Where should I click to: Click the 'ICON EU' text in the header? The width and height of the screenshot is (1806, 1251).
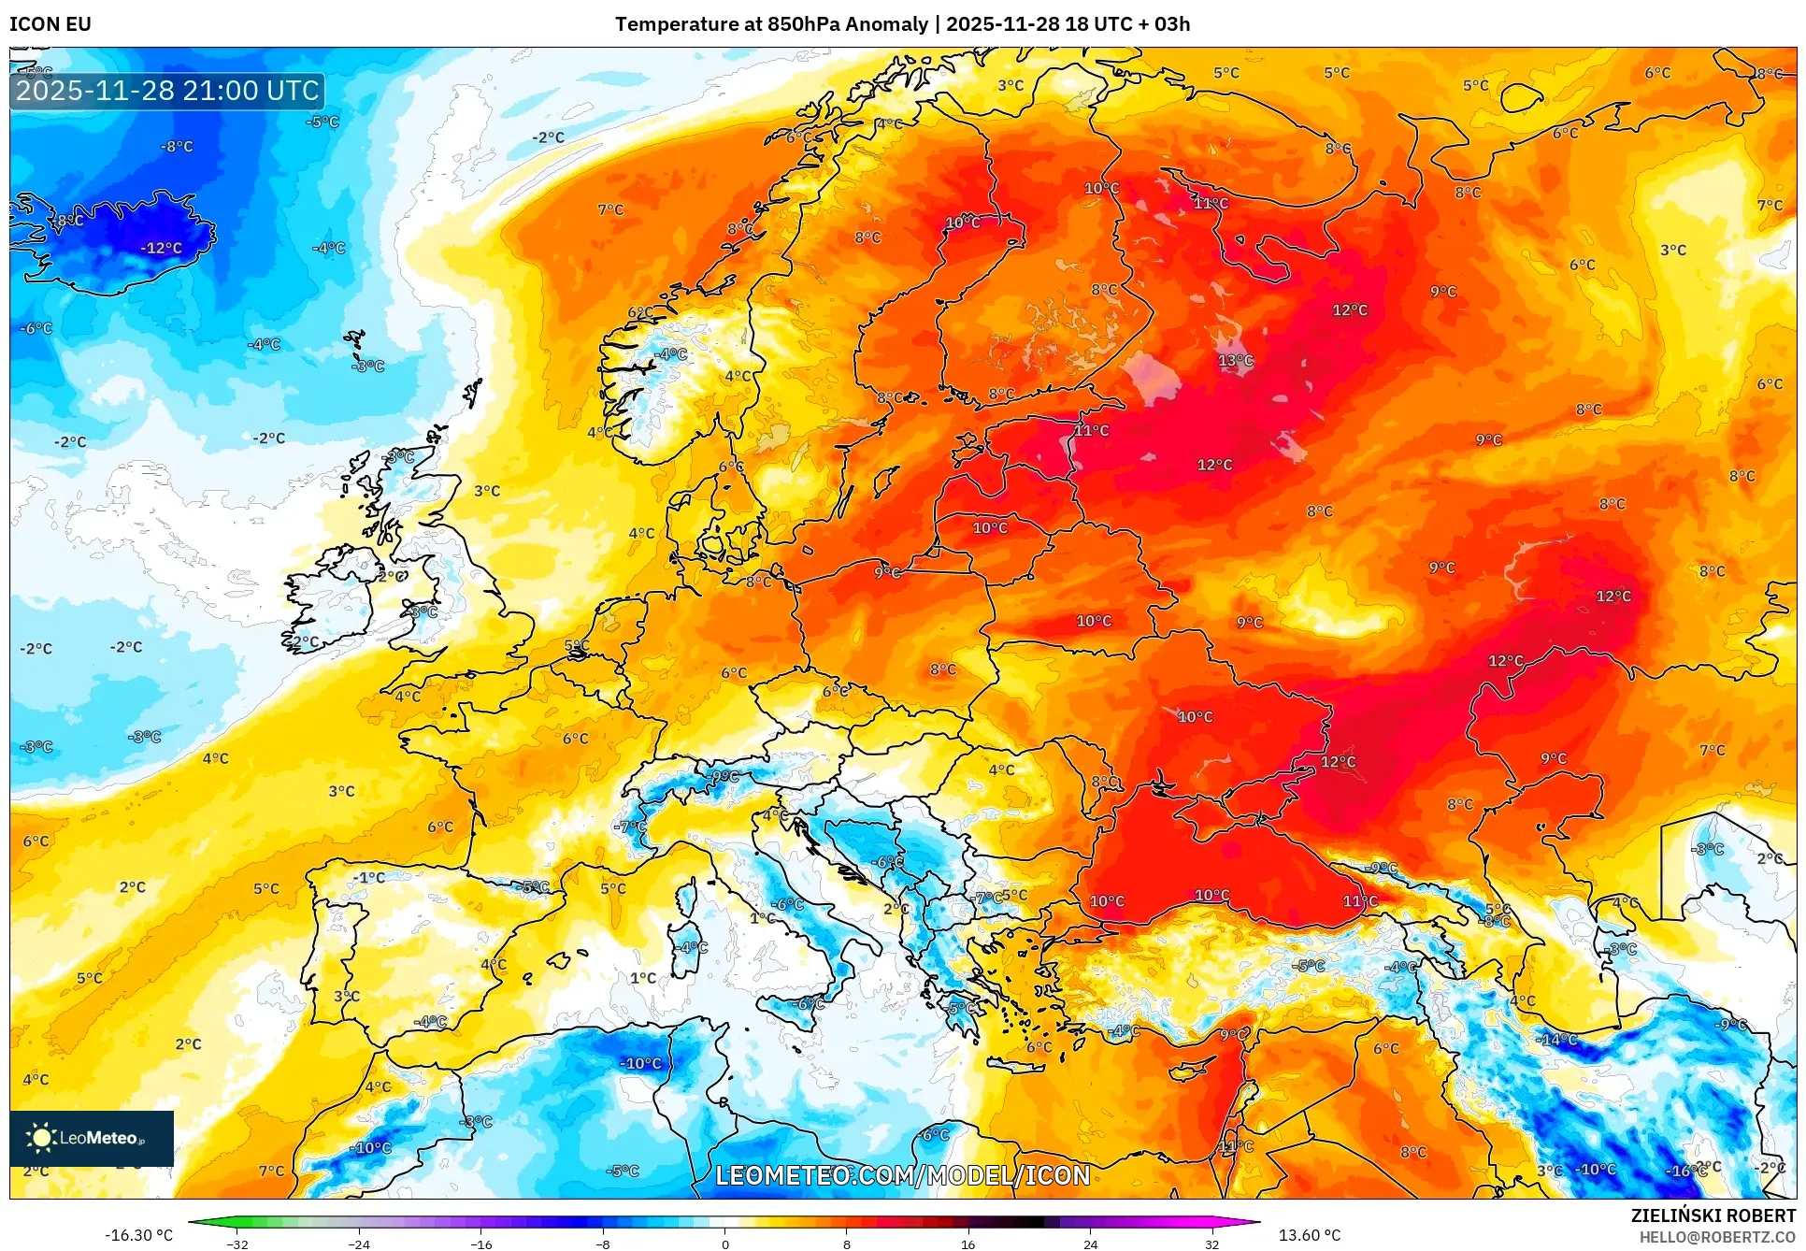point(50,24)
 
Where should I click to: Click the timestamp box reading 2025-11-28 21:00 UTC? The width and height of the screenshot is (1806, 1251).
point(167,91)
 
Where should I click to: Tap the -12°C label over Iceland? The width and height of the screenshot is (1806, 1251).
point(161,248)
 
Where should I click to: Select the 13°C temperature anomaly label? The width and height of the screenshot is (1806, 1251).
point(1235,360)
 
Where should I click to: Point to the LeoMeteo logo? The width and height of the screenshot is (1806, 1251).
point(92,1138)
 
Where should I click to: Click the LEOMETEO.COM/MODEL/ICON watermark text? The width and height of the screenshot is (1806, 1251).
point(902,1175)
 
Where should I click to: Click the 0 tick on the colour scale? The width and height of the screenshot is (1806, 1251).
point(724,1244)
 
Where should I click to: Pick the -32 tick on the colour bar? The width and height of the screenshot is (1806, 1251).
point(237,1244)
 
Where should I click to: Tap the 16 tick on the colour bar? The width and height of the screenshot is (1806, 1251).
point(967,1244)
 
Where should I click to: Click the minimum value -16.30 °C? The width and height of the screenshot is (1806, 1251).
point(138,1235)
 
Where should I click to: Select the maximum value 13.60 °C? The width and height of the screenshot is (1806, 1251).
point(1309,1235)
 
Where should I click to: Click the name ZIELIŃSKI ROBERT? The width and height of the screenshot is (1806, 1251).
point(1713,1215)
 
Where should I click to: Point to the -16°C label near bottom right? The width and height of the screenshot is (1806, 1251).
point(1685,1171)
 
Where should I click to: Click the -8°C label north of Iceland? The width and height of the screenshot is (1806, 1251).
point(176,146)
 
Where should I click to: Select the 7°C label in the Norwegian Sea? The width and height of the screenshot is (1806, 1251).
point(609,209)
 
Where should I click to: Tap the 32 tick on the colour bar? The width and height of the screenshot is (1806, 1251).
point(1211,1244)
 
